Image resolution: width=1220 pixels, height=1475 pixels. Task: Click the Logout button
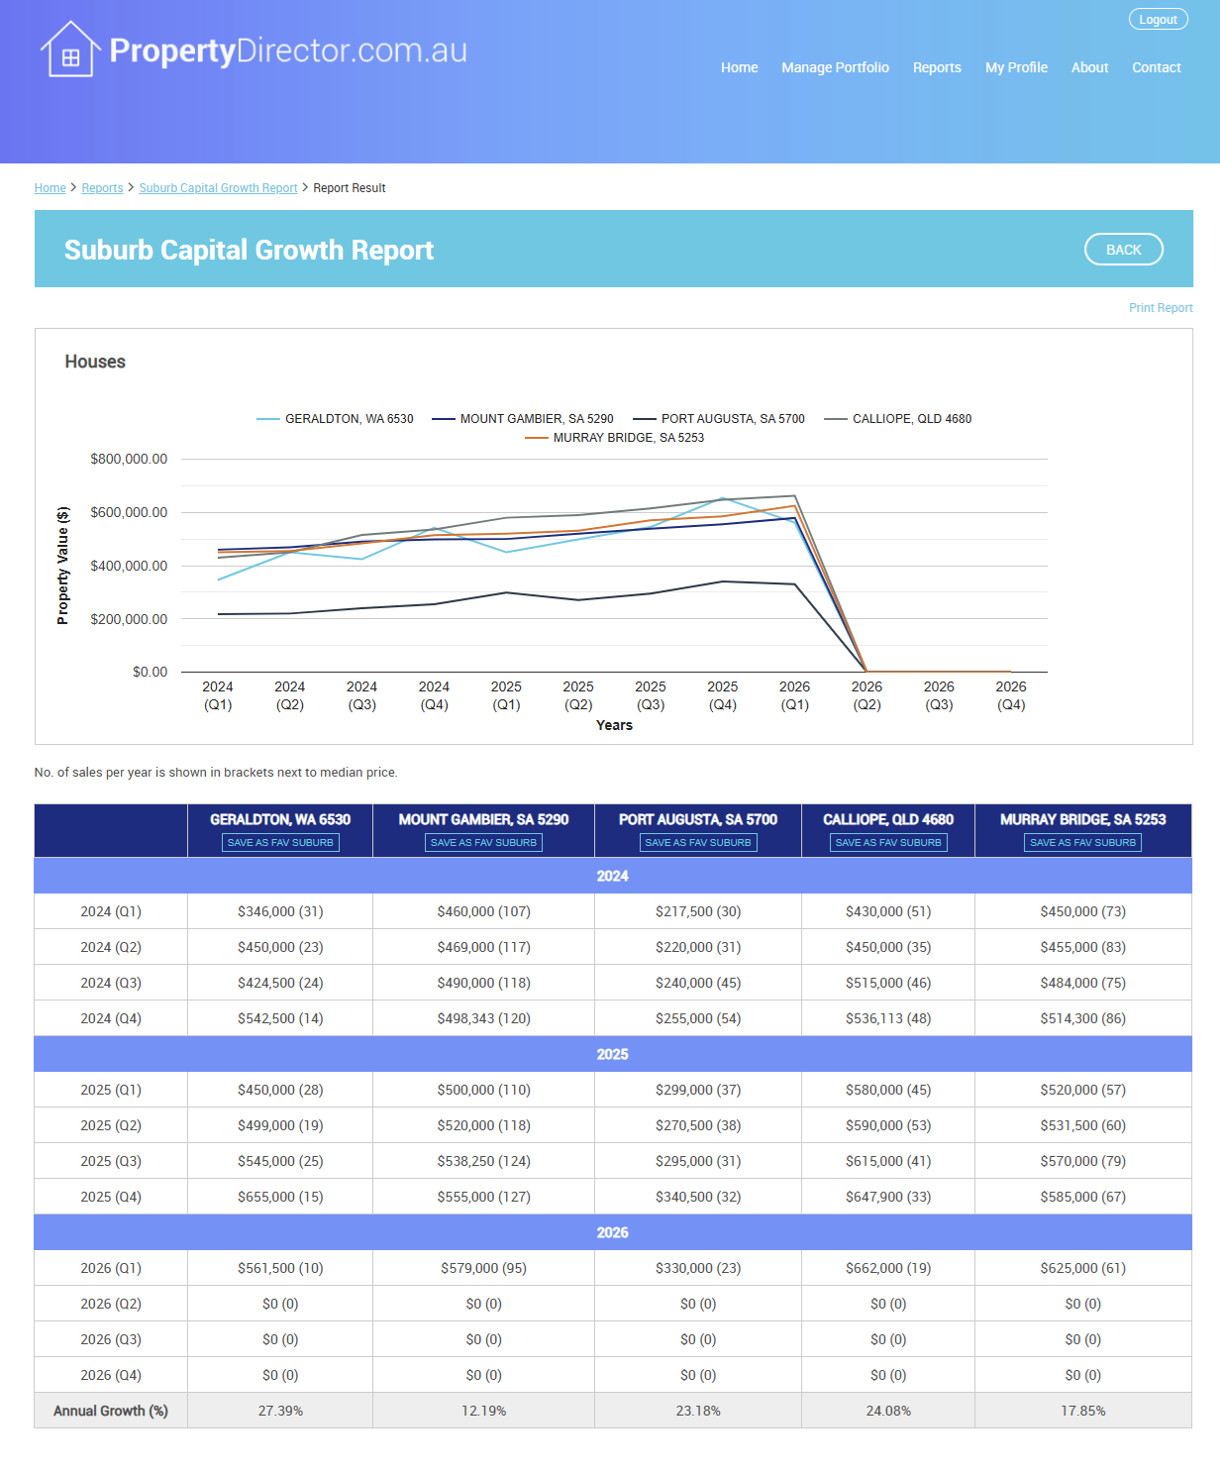click(1158, 20)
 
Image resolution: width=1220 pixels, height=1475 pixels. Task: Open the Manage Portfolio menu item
click(835, 67)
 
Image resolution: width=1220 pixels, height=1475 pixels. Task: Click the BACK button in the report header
click(1123, 250)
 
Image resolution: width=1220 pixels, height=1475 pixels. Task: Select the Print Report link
click(1161, 308)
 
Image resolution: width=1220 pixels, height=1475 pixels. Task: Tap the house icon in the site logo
click(69, 51)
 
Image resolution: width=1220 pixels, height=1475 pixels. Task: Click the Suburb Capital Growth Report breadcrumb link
click(218, 188)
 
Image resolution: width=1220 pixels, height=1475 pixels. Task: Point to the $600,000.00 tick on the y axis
click(129, 512)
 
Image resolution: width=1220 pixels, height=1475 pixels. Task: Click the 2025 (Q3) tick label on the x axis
click(651, 695)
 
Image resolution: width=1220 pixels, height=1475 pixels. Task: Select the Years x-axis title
click(614, 725)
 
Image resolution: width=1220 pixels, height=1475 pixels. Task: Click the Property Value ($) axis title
click(63, 566)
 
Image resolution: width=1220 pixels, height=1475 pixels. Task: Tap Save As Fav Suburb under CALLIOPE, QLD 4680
click(888, 843)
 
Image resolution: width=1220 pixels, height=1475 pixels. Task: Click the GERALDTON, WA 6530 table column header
click(280, 819)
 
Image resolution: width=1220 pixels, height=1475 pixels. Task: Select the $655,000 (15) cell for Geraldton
click(280, 1197)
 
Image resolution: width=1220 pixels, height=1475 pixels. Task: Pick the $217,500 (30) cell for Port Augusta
click(698, 911)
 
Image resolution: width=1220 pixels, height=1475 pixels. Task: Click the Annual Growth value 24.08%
click(888, 1411)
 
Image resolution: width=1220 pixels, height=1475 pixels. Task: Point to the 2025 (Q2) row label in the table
click(111, 1125)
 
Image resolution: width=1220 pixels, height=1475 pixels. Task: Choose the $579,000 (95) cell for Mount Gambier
click(483, 1268)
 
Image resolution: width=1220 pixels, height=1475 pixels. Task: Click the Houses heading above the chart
click(95, 362)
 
